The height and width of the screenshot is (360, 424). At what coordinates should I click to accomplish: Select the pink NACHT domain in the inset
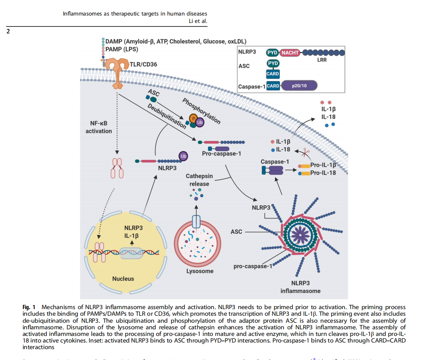(x=290, y=52)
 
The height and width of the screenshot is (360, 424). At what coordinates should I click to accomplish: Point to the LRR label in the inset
(x=322, y=60)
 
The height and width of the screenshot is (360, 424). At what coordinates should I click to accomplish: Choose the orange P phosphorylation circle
(x=193, y=118)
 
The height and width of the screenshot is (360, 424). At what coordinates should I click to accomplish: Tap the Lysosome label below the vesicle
(x=200, y=271)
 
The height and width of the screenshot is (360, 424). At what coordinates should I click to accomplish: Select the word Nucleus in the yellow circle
(x=123, y=278)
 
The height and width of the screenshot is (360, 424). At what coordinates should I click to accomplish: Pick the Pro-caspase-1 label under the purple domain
(x=222, y=154)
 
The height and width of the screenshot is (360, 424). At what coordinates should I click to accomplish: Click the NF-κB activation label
(x=99, y=127)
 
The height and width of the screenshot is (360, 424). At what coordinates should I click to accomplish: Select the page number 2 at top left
(x=8, y=31)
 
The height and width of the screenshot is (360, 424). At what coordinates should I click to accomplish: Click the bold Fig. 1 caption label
(x=29, y=307)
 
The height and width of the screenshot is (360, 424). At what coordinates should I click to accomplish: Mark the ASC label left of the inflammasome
(x=236, y=232)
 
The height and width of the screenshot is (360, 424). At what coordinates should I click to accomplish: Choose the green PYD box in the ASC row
(x=273, y=63)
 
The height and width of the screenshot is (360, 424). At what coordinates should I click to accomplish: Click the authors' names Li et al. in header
(x=197, y=21)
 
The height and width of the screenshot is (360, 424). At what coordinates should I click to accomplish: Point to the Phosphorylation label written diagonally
(x=201, y=111)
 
